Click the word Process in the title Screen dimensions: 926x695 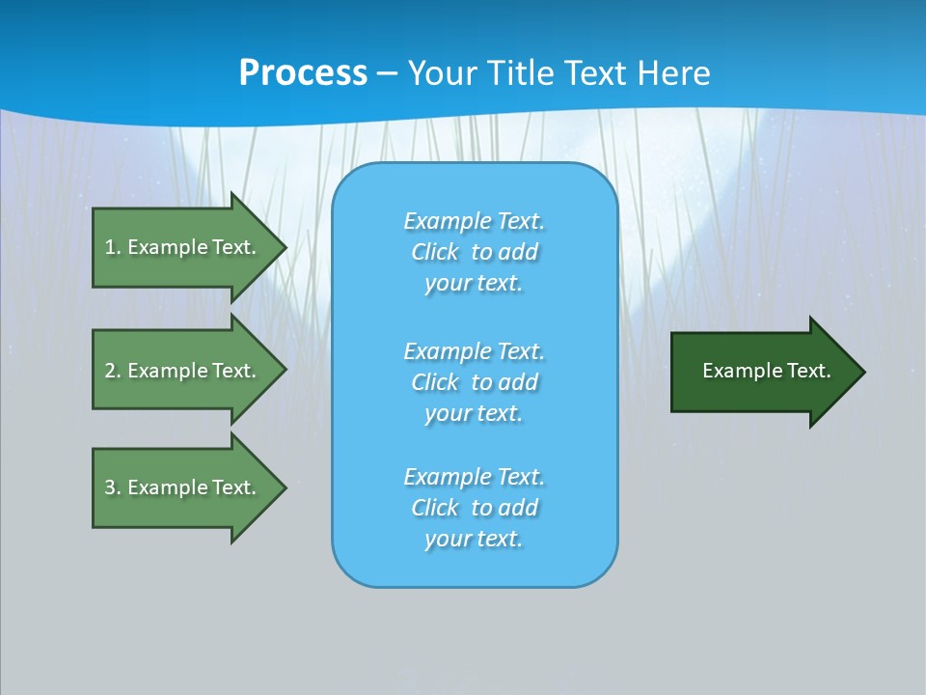(304, 73)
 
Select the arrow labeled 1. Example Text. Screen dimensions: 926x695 (190, 248)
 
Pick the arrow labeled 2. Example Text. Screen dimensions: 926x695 (190, 370)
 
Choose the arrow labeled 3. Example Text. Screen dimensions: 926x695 (190, 488)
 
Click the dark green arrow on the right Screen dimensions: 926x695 (769, 372)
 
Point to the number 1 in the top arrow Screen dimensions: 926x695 (109, 247)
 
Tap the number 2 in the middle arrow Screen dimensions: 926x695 (110, 371)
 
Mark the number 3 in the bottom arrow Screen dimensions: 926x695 (110, 487)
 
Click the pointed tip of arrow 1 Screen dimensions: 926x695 (287, 248)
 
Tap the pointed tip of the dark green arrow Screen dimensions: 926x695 (866, 372)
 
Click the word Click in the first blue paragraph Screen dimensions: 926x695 (435, 252)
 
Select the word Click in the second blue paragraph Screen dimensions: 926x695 (435, 382)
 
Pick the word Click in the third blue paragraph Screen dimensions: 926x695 (435, 507)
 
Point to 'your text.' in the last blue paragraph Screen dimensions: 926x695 (474, 539)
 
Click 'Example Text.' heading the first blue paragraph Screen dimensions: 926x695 (475, 221)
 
